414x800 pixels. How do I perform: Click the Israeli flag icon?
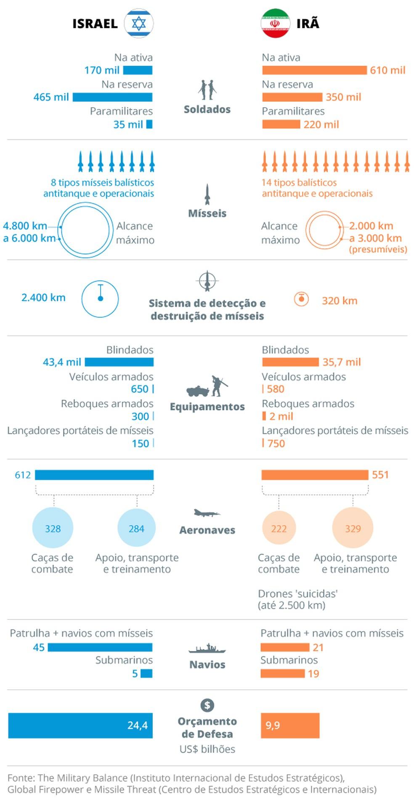(x=138, y=24)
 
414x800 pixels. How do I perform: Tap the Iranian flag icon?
(x=276, y=24)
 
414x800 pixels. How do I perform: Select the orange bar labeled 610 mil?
(x=314, y=70)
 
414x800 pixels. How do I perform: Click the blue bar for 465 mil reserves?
(x=112, y=97)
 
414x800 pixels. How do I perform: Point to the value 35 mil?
(x=128, y=125)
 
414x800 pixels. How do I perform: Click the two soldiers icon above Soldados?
(x=207, y=89)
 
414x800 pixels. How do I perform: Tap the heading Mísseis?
(x=207, y=213)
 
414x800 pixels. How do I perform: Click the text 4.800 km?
(x=25, y=226)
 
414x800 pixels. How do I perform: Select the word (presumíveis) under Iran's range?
(x=378, y=250)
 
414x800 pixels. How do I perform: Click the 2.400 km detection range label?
(x=43, y=298)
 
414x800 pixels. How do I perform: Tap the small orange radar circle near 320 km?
(x=301, y=299)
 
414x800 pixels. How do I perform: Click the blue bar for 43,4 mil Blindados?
(x=119, y=362)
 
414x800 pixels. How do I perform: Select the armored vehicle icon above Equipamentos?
(x=198, y=391)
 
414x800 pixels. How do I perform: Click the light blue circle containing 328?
(x=53, y=528)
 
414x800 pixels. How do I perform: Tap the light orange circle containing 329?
(x=353, y=528)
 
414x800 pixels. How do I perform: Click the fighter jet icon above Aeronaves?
(x=207, y=513)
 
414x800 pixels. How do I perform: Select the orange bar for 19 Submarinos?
(x=282, y=674)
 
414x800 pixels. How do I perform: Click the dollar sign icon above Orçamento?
(x=207, y=705)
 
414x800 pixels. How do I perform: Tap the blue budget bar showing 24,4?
(x=80, y=725)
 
